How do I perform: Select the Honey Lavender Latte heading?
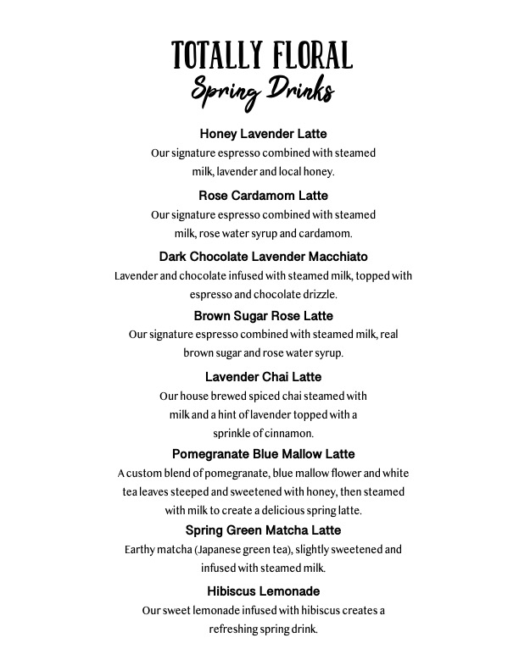pos(263,134)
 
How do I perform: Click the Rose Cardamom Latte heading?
pos(263,196)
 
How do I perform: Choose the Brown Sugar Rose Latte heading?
pos(263,316)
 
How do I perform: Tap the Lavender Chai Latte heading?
pos(263,376)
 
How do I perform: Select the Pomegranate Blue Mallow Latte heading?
pos(263,454)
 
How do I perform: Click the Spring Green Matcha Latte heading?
pos(263,530)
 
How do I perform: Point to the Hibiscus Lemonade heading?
pos(263,591)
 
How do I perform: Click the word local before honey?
pos(288,172)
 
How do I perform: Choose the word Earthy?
pos(141,549)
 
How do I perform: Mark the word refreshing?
pos(237,629)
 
